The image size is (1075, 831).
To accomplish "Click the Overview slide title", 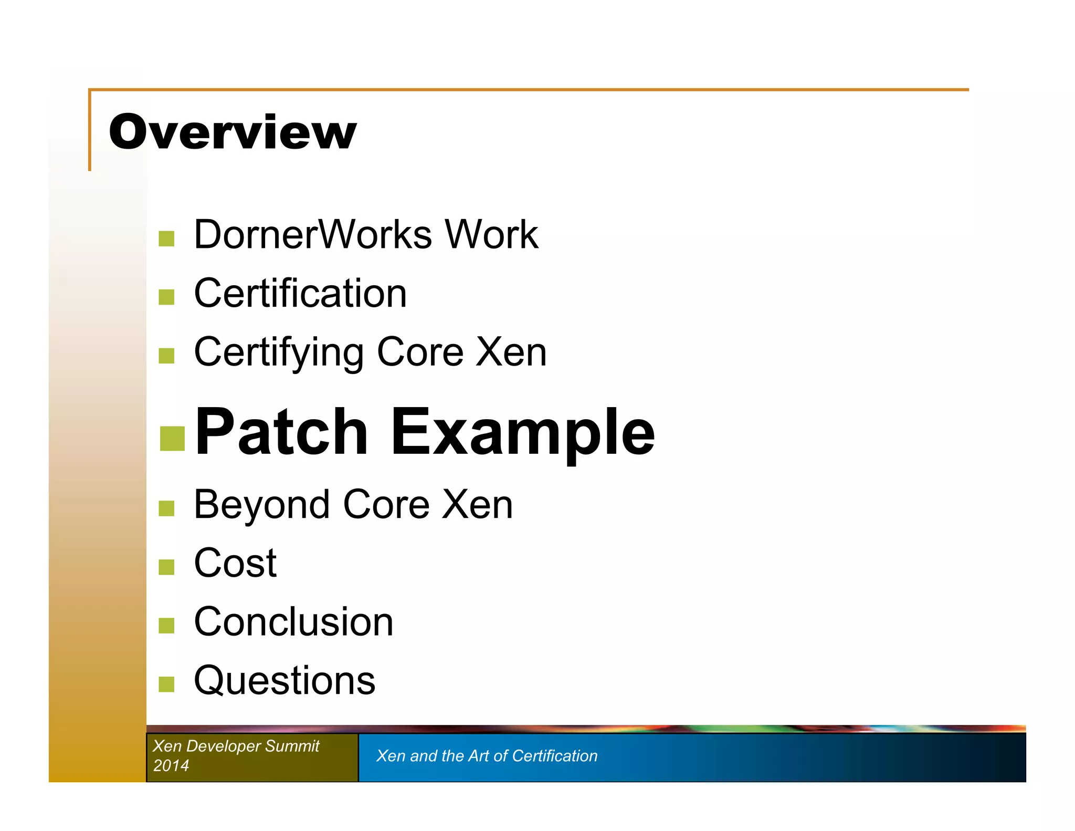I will tap(233, 132).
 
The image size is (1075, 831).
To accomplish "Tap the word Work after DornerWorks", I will tap(491, 235).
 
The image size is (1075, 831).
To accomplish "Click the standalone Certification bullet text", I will tap(300, 294).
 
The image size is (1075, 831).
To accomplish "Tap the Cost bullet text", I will tap(235, 564).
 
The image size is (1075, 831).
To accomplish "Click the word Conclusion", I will tap(293, 622).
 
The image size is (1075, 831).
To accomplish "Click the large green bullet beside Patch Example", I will tap(172, 439).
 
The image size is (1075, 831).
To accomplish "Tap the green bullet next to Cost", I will tap(166, 567).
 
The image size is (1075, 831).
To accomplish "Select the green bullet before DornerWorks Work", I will tap(166, 238).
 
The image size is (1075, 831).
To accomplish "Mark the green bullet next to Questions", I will tap(166, 684).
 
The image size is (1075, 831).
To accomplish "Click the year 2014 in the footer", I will tap(171, 766).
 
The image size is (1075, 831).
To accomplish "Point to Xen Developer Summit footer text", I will tap(236, 746).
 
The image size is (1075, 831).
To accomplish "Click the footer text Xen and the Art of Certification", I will tap(487, 756).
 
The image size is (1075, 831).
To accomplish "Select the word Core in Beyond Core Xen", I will tap(386, 505).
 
